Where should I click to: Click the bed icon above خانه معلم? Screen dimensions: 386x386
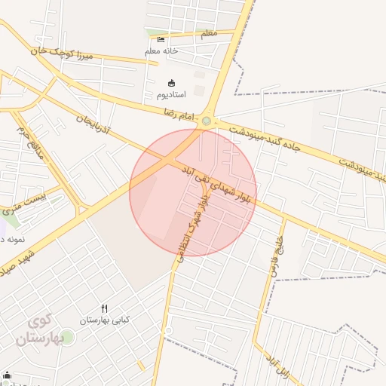click(x=161, y=39)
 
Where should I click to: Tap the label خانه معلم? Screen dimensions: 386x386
click(x=161, y=51)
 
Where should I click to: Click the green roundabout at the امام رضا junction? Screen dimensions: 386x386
click(x=207, y=121)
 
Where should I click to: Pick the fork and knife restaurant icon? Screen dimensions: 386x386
click(x=105, y=308)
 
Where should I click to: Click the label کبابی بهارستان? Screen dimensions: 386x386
click(x=106, y=320)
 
